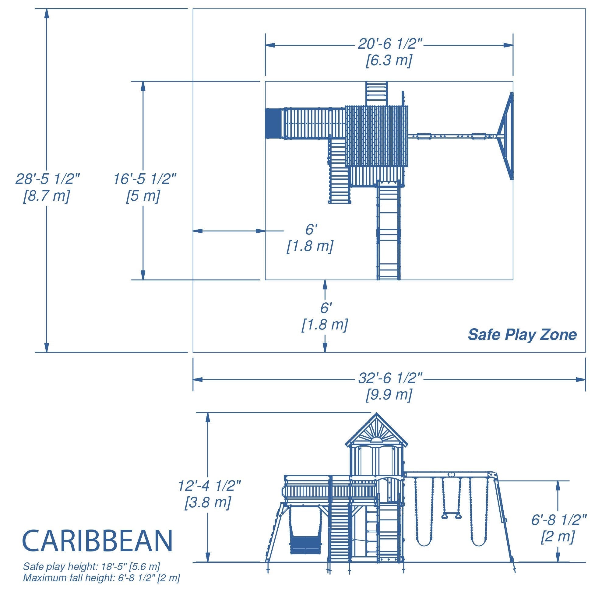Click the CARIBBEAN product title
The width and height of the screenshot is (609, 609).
(x=98, y=540)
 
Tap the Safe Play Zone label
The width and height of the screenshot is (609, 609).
(x=522, y=334)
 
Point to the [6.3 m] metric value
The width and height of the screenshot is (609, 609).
(x=389, y=60)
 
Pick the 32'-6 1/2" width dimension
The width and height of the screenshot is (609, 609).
(x=390, y=378)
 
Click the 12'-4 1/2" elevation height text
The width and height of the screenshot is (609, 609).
(x=209, y=486)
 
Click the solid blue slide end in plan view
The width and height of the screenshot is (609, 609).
(x=273, y=123)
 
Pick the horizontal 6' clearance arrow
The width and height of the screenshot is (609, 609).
(x=229, y=231)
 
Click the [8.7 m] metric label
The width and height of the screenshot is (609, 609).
(x=46, y=196)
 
